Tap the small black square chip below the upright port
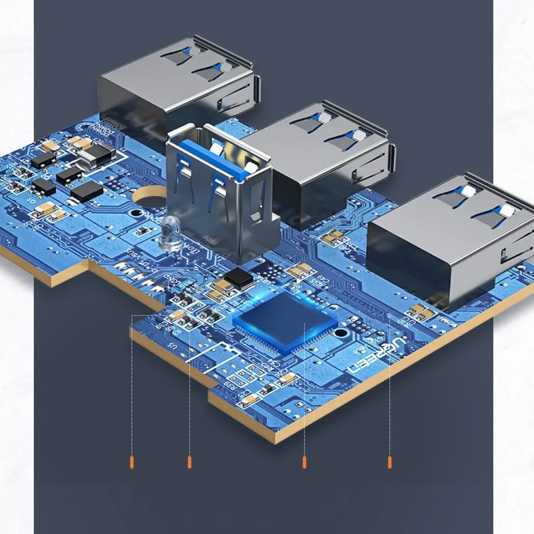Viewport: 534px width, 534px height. point(239,278)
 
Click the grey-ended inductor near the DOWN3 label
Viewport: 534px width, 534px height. point(98,154)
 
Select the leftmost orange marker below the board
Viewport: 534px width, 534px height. point(132,462)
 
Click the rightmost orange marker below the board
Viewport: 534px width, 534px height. point(390,462)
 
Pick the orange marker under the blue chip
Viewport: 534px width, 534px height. point(304,462)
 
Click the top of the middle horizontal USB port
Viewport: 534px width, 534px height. point(313,136)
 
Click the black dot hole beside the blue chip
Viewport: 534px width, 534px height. point(340,332)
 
